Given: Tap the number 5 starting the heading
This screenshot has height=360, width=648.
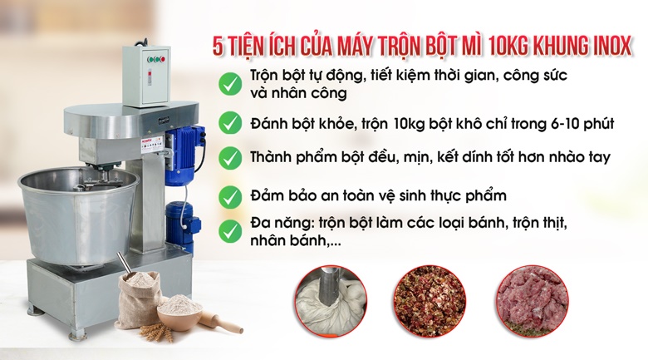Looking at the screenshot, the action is [x=218, y=47].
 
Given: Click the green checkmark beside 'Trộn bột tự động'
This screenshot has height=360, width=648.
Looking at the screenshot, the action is [x=230, y=84].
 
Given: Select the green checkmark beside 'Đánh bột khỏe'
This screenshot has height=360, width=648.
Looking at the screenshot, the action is [x=230, y=123].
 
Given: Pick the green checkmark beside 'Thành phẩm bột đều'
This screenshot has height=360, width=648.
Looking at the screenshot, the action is [x=230, y=158].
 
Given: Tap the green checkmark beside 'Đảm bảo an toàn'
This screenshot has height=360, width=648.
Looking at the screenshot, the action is [x=230, y=197].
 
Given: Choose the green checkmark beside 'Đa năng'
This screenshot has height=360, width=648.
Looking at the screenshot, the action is [x=230, y=231].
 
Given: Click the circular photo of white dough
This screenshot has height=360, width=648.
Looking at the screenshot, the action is [x=331, y=301].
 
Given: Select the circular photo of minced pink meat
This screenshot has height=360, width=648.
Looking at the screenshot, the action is [x=533, y=301].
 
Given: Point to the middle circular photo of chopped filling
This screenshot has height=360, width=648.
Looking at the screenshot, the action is [x=430, y=301].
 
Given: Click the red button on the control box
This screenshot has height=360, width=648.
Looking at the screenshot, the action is [x=162, y=60].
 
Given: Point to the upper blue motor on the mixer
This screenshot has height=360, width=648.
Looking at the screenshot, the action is [x=184, y=154].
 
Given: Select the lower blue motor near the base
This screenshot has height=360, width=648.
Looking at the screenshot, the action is [x=181, y=224].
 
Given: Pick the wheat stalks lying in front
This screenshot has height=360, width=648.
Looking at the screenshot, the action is [x=156, y=332].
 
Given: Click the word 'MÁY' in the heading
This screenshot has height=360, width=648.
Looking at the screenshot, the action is [x=353, y=47].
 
